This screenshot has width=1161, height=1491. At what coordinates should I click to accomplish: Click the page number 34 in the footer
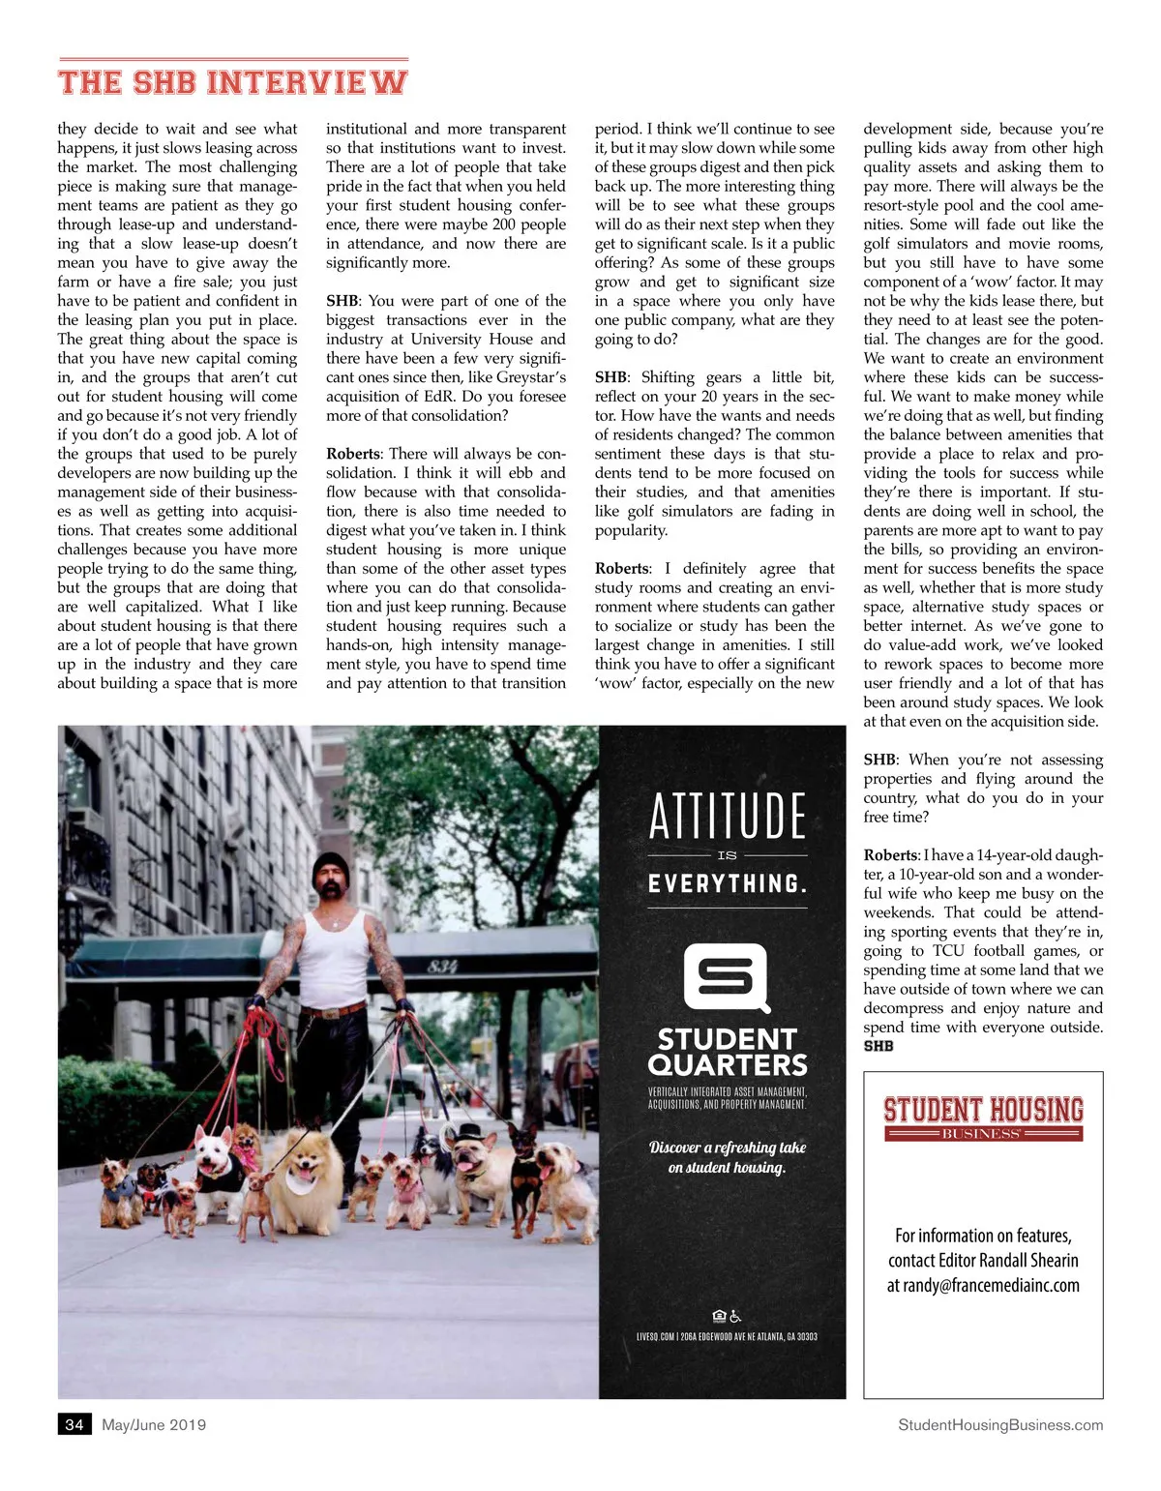click(x=74, y=1424)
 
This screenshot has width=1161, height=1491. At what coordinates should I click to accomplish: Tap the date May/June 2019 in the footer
click(x=154, y=1424)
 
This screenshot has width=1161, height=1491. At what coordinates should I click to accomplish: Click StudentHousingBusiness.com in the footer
click(x=1000, y=1424)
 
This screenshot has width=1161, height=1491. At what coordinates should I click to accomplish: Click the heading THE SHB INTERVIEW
click(x=232, y=81)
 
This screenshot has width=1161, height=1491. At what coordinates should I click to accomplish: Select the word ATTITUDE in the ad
click(x=727, y=816)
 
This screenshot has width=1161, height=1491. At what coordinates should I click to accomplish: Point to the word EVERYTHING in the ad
click(x=727, y=883)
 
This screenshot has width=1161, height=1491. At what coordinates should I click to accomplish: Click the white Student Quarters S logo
click(x=727, y=978)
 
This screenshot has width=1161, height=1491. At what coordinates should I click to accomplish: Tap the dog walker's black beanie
click(x=331, y=863)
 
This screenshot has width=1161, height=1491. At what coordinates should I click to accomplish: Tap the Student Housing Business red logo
click(x=983, y=1116)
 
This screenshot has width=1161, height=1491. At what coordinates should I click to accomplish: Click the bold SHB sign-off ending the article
click(x=878, y=1046)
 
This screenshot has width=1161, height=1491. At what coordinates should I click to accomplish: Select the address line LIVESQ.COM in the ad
click(x=727, y=1336)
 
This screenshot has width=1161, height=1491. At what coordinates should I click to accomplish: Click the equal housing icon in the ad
click(x=719, y=1316)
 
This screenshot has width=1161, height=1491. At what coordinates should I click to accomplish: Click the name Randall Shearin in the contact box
click(x=1028, y=1260)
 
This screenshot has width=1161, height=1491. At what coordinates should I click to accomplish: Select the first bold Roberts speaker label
click(x=353, y=454)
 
